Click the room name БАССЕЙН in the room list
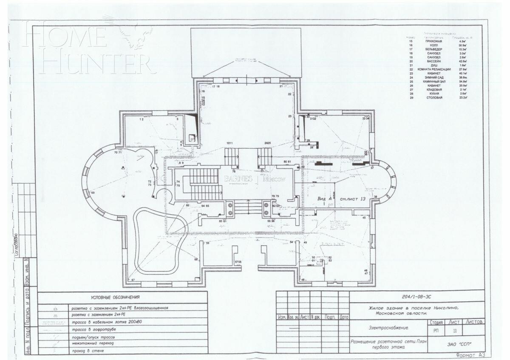(433, 61)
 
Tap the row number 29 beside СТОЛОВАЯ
(411, 98)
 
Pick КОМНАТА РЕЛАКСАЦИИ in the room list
(433, 69)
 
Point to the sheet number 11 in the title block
(455, 330)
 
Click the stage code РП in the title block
(436, 330)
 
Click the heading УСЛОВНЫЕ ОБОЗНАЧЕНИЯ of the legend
(115, 297)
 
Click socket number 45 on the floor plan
(364, 218)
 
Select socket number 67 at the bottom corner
(133, 280)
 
